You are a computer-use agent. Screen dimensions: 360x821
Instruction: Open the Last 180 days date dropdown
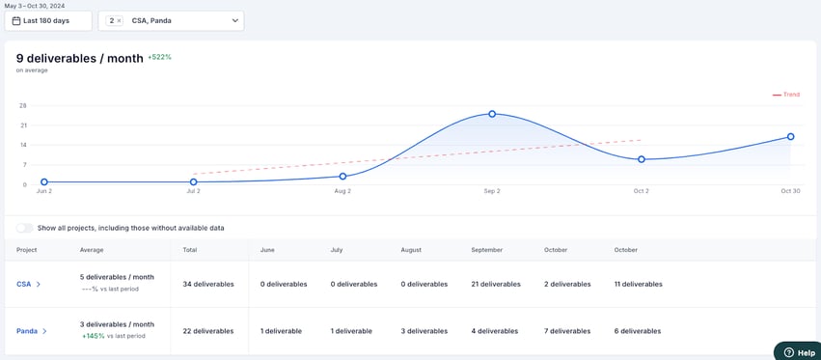point(48,20)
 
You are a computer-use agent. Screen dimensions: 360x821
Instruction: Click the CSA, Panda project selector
point(171,20)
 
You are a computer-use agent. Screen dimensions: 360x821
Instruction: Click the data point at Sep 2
point(492,114)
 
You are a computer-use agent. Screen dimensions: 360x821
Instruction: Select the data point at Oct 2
point(642,159)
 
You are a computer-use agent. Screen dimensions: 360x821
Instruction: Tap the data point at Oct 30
point(791,137)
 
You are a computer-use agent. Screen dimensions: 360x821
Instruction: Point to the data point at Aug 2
point(342,177)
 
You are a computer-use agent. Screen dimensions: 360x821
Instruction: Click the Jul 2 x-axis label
point(193,191)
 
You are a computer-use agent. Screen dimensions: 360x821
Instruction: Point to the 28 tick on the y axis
point(22,105)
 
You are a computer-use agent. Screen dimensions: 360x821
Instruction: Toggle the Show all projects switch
point(24,228)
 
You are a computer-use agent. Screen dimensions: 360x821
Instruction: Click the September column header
point(486,250)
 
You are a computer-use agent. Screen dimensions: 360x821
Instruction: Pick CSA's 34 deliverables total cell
point(208,284)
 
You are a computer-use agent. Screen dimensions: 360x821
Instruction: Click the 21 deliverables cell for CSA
point(496,284)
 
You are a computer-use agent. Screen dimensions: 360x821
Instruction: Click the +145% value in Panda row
point(93,336)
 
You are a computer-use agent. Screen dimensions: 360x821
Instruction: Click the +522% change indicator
point(159,57)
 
